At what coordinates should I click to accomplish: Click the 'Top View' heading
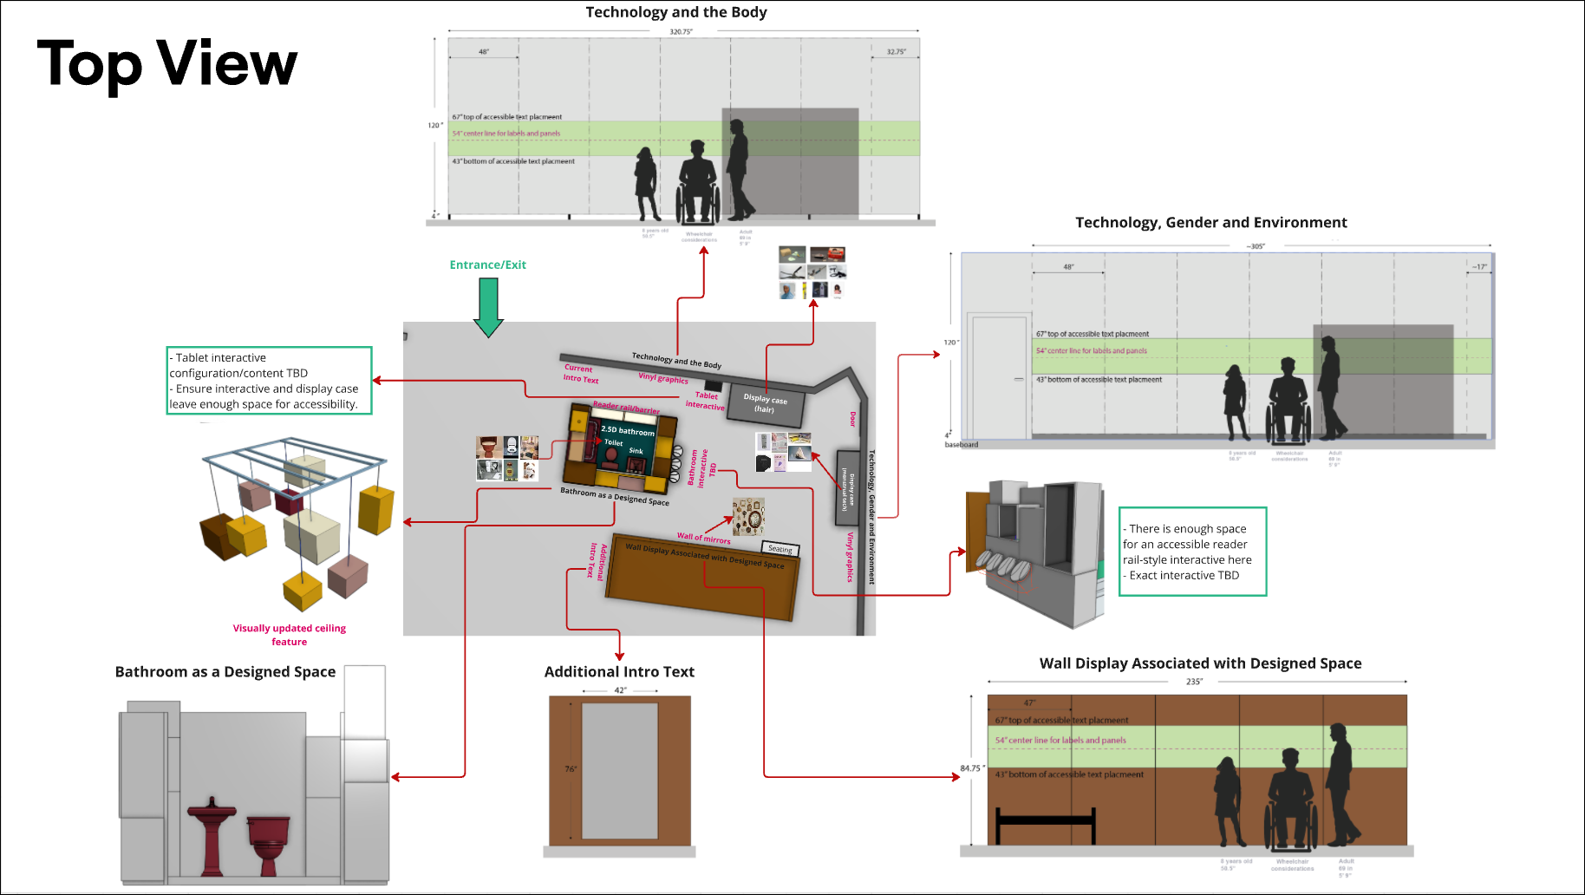[x=167, y=64]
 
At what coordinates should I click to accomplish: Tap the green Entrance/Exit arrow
[x=489, y=307]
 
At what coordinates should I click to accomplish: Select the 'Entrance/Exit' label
[x=487, y=265]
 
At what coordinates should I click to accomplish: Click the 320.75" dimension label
[x=682, y=32]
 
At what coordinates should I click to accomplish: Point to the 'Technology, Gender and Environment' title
[x=1210, y=223]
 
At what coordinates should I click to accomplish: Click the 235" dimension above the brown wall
[x=1194, y=682]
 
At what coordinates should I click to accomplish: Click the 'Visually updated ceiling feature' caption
[x=290, y=635]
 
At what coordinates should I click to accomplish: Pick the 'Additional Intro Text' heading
[x=619, y=672]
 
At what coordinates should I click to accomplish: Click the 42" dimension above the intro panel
[x=620, y=690]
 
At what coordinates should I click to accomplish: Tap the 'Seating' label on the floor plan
[x=779, y=549]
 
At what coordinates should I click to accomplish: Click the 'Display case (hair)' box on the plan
[x=765, y=404]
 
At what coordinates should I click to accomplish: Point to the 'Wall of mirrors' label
[x=703, y=539]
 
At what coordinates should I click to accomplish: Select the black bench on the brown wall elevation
[x=1046, y=823]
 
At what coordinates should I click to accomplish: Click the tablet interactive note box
[x=269, y=381]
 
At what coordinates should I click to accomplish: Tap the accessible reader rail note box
[x=1192, y=552]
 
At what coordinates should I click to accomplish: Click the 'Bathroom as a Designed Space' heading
[x=225, y=672]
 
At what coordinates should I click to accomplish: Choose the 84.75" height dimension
[x=971, y=768]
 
